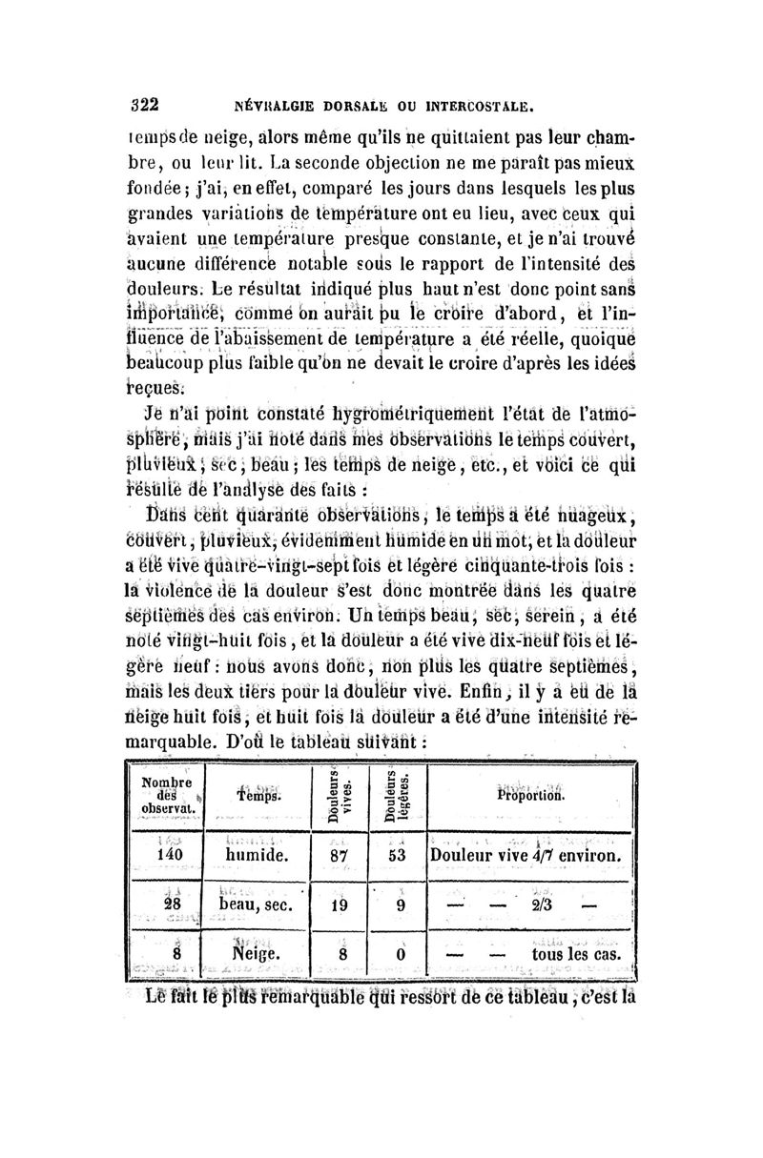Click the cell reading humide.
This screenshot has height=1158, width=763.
258,856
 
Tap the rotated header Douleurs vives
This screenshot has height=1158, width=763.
340,791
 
